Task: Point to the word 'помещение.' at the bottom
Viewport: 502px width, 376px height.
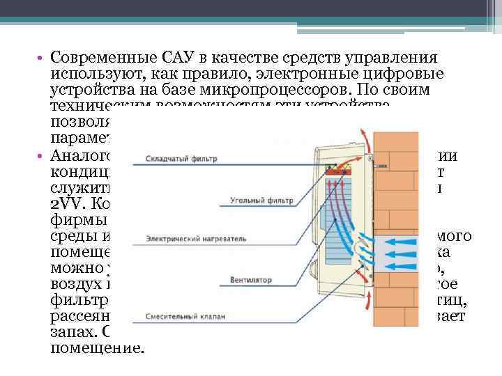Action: point(96,345)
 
